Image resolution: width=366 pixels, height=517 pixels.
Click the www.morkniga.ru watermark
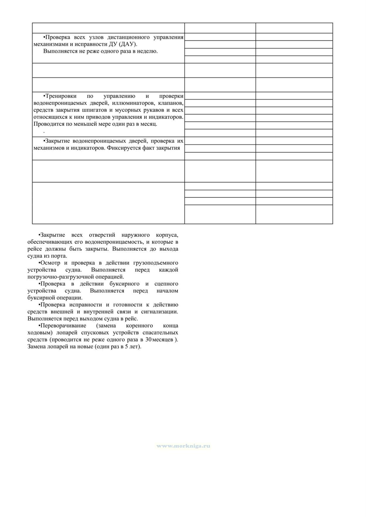[x=183, y=446]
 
